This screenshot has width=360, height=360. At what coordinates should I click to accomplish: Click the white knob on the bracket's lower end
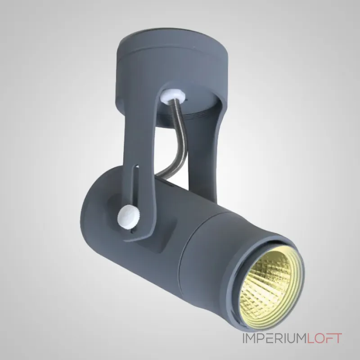tap(127, 216)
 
